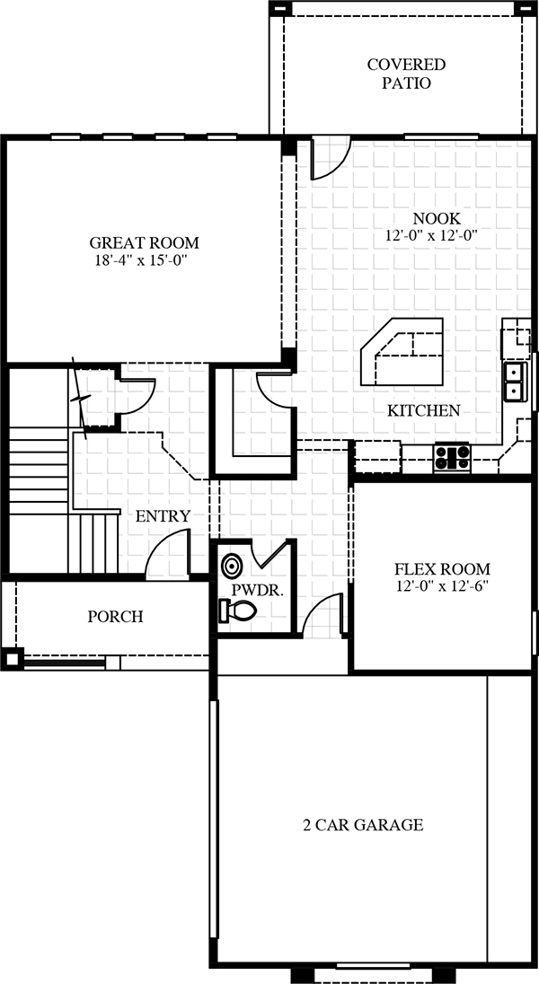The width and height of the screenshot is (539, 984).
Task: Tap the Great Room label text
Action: pos(144,243)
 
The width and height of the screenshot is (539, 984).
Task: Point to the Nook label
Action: pos(437,219)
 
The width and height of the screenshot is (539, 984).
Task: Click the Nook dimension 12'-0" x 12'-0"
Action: pos(432,236)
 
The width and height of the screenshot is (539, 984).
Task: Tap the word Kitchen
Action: pos(423,411)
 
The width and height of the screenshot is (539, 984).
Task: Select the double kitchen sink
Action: pos(516,382)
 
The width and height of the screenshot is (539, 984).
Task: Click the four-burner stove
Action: pos(452,458)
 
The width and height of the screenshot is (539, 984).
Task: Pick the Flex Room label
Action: pos(442,570)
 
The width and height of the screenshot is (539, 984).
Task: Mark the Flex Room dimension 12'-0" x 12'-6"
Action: pos(442,587)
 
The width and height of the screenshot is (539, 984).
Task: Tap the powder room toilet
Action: pos(237,611)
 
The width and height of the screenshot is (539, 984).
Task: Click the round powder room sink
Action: pos(231,566)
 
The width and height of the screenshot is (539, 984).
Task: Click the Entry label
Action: pos(163,516)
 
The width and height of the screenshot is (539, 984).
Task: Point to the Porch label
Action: pos(115,617)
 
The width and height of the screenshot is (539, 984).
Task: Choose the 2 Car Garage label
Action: pos(362,824)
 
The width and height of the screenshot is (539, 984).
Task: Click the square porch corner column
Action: pos(12,659)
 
